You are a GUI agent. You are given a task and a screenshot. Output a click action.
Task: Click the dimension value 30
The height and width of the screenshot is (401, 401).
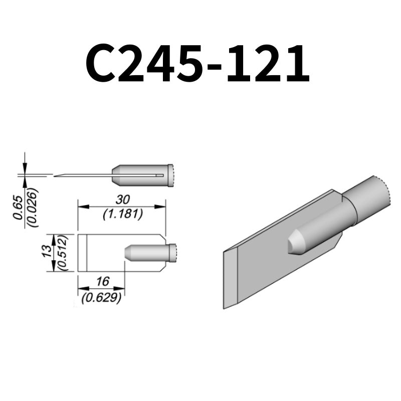(122, 199)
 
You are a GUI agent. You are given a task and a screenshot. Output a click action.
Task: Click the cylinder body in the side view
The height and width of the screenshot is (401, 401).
(140, 175)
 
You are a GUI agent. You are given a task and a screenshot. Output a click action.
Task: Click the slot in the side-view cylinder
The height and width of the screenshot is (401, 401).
(159, 175)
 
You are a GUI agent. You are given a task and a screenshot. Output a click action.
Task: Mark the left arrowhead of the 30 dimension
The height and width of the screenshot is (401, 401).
(81, 206)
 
